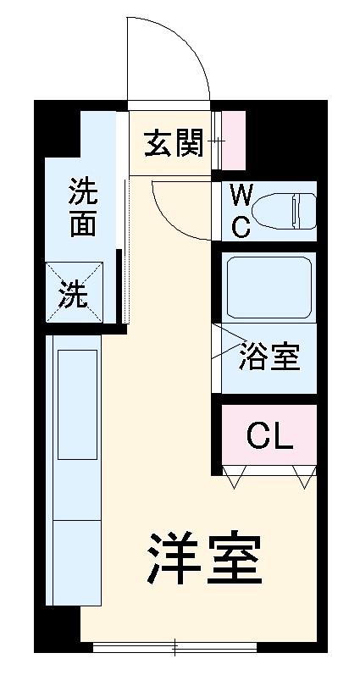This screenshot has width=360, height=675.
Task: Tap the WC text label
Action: pos(241,211)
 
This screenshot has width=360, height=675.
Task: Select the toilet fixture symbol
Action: pos(288,209)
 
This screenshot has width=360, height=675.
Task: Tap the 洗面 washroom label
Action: pos(82,207)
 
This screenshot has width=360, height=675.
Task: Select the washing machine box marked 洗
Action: pos(74,293)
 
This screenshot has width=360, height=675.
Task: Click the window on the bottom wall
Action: pos(174,649)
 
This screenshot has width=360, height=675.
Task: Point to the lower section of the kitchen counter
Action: pos(77,563)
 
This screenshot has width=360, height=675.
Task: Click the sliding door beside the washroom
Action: pos(125,254)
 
